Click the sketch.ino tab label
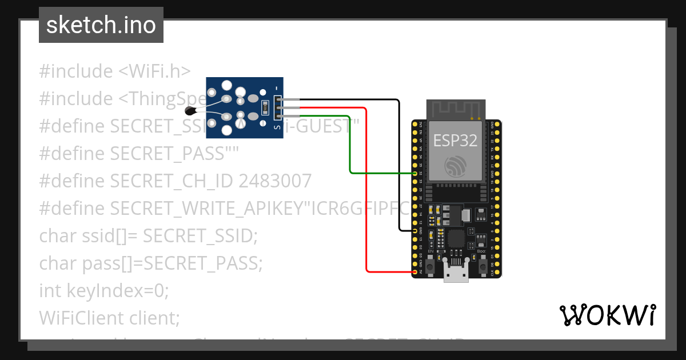point(101,25)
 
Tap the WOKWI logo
point(607,315)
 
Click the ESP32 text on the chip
point(455,141)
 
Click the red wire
point(366,189)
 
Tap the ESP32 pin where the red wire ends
point(414,272)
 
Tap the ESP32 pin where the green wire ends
point(414,173)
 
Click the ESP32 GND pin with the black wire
point(414,230)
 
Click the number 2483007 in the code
point(275,181)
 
